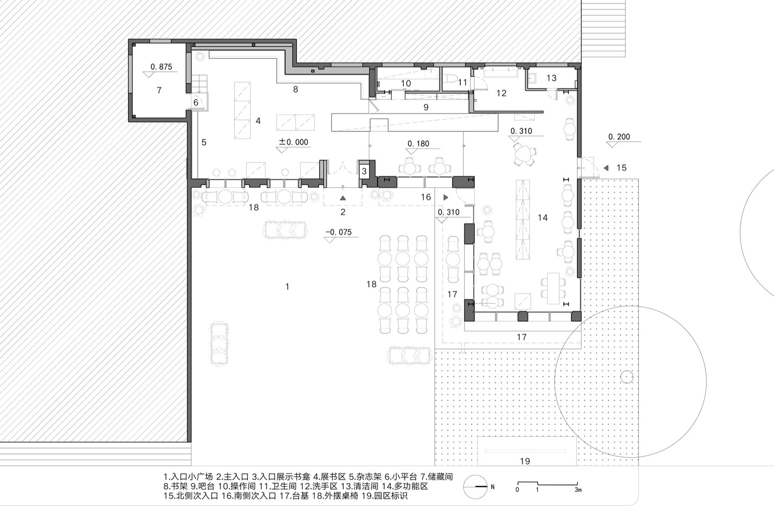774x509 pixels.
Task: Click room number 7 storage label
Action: coord(159,91)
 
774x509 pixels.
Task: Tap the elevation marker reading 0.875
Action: coord(161,67)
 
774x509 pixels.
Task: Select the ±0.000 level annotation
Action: coord(294,142)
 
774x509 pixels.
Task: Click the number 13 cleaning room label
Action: coord(551,78)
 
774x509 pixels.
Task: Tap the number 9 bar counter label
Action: coord(426,107)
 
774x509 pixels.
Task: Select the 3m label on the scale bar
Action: coord(578,490)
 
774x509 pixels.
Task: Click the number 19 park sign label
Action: coord(525,461)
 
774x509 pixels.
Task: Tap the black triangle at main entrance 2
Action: coord(343,198)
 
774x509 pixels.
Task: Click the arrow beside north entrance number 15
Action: coord(606,168)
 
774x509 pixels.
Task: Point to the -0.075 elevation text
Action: coord(339,232)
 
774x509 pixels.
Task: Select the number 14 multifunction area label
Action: coord(542,218)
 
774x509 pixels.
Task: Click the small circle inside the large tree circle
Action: coord(627,377)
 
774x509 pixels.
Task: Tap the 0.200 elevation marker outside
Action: coord(619,136)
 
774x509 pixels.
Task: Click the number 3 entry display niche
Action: coord(364,172)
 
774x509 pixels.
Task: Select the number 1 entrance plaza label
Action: coord(287,287)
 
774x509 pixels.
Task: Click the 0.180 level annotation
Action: coord(418,144)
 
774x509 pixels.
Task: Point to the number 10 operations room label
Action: coord(406,83)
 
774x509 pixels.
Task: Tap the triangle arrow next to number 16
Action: coord(446,197)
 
